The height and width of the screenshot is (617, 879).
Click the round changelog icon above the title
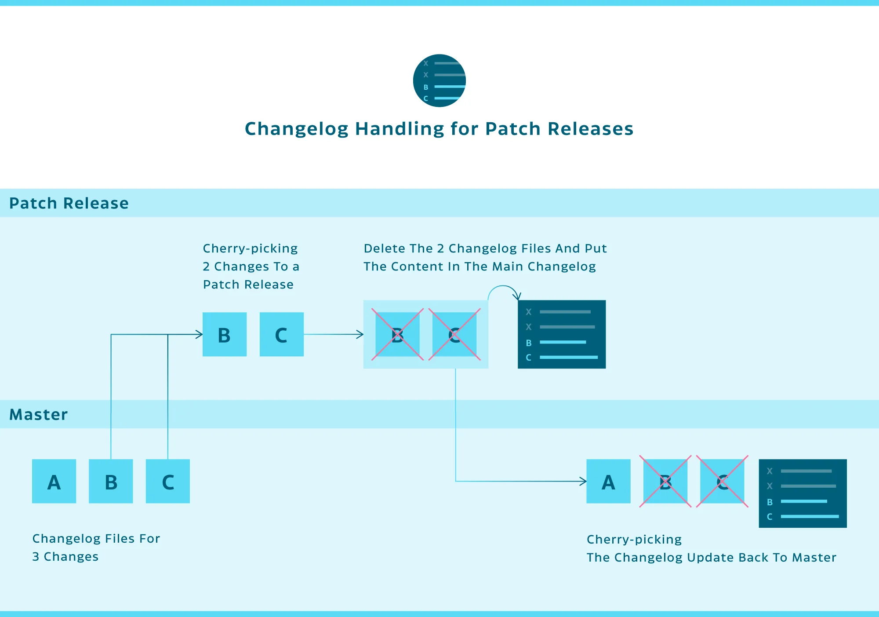439,80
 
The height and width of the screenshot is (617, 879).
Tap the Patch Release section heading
69,203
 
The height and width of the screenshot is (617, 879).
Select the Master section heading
39,414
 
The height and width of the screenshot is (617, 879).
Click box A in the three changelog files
54,481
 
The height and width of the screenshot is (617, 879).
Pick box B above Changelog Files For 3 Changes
111,481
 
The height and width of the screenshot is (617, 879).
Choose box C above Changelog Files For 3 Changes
168,481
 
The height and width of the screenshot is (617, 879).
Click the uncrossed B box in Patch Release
225,334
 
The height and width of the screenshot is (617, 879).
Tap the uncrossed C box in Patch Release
282,334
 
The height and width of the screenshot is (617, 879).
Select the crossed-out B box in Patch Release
397,334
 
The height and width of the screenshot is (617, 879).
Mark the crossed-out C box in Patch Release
454,334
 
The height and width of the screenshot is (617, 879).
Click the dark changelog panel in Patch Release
562,334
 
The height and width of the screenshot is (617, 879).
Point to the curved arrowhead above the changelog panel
518,296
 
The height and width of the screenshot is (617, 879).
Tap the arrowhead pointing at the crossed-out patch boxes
360,335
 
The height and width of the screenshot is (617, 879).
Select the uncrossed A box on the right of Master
608,481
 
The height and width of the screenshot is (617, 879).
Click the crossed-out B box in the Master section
665,481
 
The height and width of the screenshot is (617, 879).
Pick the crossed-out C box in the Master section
722,481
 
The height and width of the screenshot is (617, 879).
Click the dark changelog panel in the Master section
803,493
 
